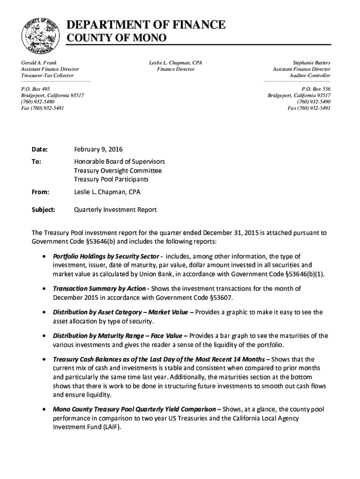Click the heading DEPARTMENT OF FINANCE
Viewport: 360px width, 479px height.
click(x=145, y=25)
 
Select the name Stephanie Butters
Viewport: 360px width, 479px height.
click(x=311, y=62)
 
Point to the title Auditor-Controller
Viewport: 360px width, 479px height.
click(x=310, y=75)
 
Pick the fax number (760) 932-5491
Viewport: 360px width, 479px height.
click(x=309, y=108)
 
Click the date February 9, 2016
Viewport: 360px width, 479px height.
click(x=98, y=149)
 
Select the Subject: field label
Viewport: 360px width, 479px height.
click(x=43, y=210)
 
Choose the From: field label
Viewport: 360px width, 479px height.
click(x=40, y=192)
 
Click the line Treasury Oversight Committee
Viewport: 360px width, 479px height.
click(x=118, y=171)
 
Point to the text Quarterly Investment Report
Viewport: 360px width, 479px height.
click(x=115, y=210)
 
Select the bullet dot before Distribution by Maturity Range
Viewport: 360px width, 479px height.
click(x=43, y=336)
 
